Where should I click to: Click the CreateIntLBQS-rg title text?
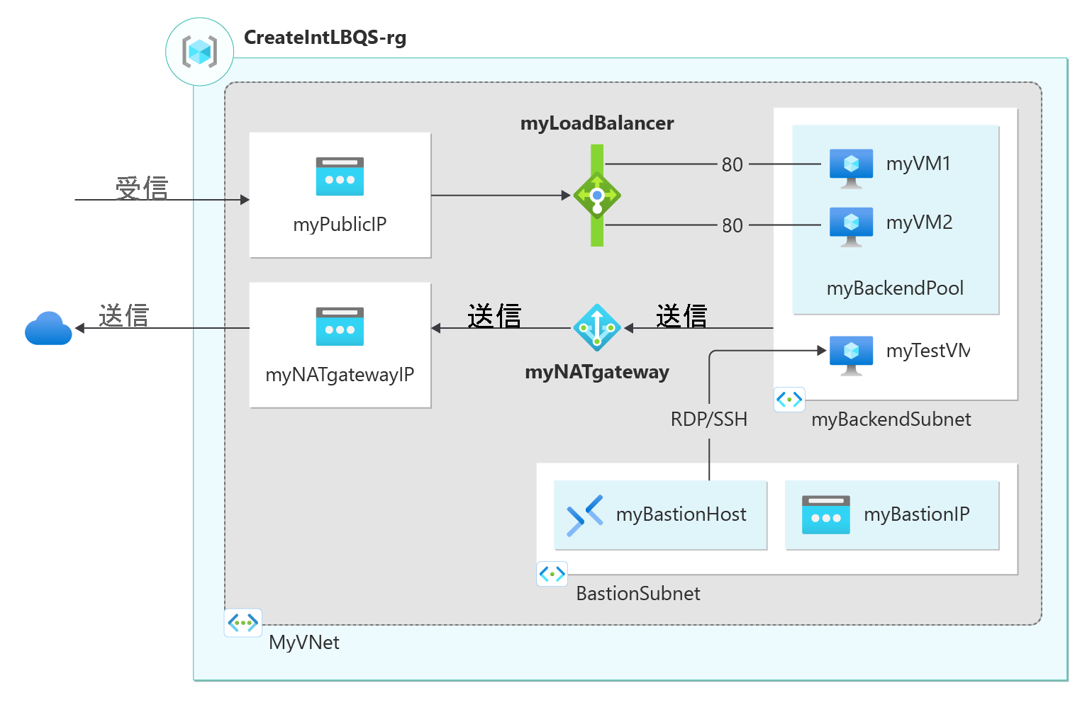tap(325, 38)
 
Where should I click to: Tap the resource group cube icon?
tap(199, 51)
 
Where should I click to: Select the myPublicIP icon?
tap(340, 176)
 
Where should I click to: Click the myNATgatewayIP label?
tap(340, 375)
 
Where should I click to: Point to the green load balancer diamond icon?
tap(597, 196)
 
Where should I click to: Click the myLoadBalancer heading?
tap(597, 123)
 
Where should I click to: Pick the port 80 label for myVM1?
tap(732, 164)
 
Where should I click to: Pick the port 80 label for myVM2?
tap(732, 225)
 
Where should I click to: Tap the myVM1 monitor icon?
tap(851, 169)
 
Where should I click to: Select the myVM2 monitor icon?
tap(851, 227)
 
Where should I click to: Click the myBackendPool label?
tap(895, 288)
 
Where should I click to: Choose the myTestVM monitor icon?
tap(851, 356)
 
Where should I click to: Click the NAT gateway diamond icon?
tap(597, 327)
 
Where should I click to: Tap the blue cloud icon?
tap(48, 328)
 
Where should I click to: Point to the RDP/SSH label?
tap(709, 419)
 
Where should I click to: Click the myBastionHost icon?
tap(584, 516)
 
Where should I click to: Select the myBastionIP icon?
tap(826, 514)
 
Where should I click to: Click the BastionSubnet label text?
tap(638, 594)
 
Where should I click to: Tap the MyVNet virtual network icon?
tap(243, 623)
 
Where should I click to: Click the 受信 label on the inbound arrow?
tap(142, 188)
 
